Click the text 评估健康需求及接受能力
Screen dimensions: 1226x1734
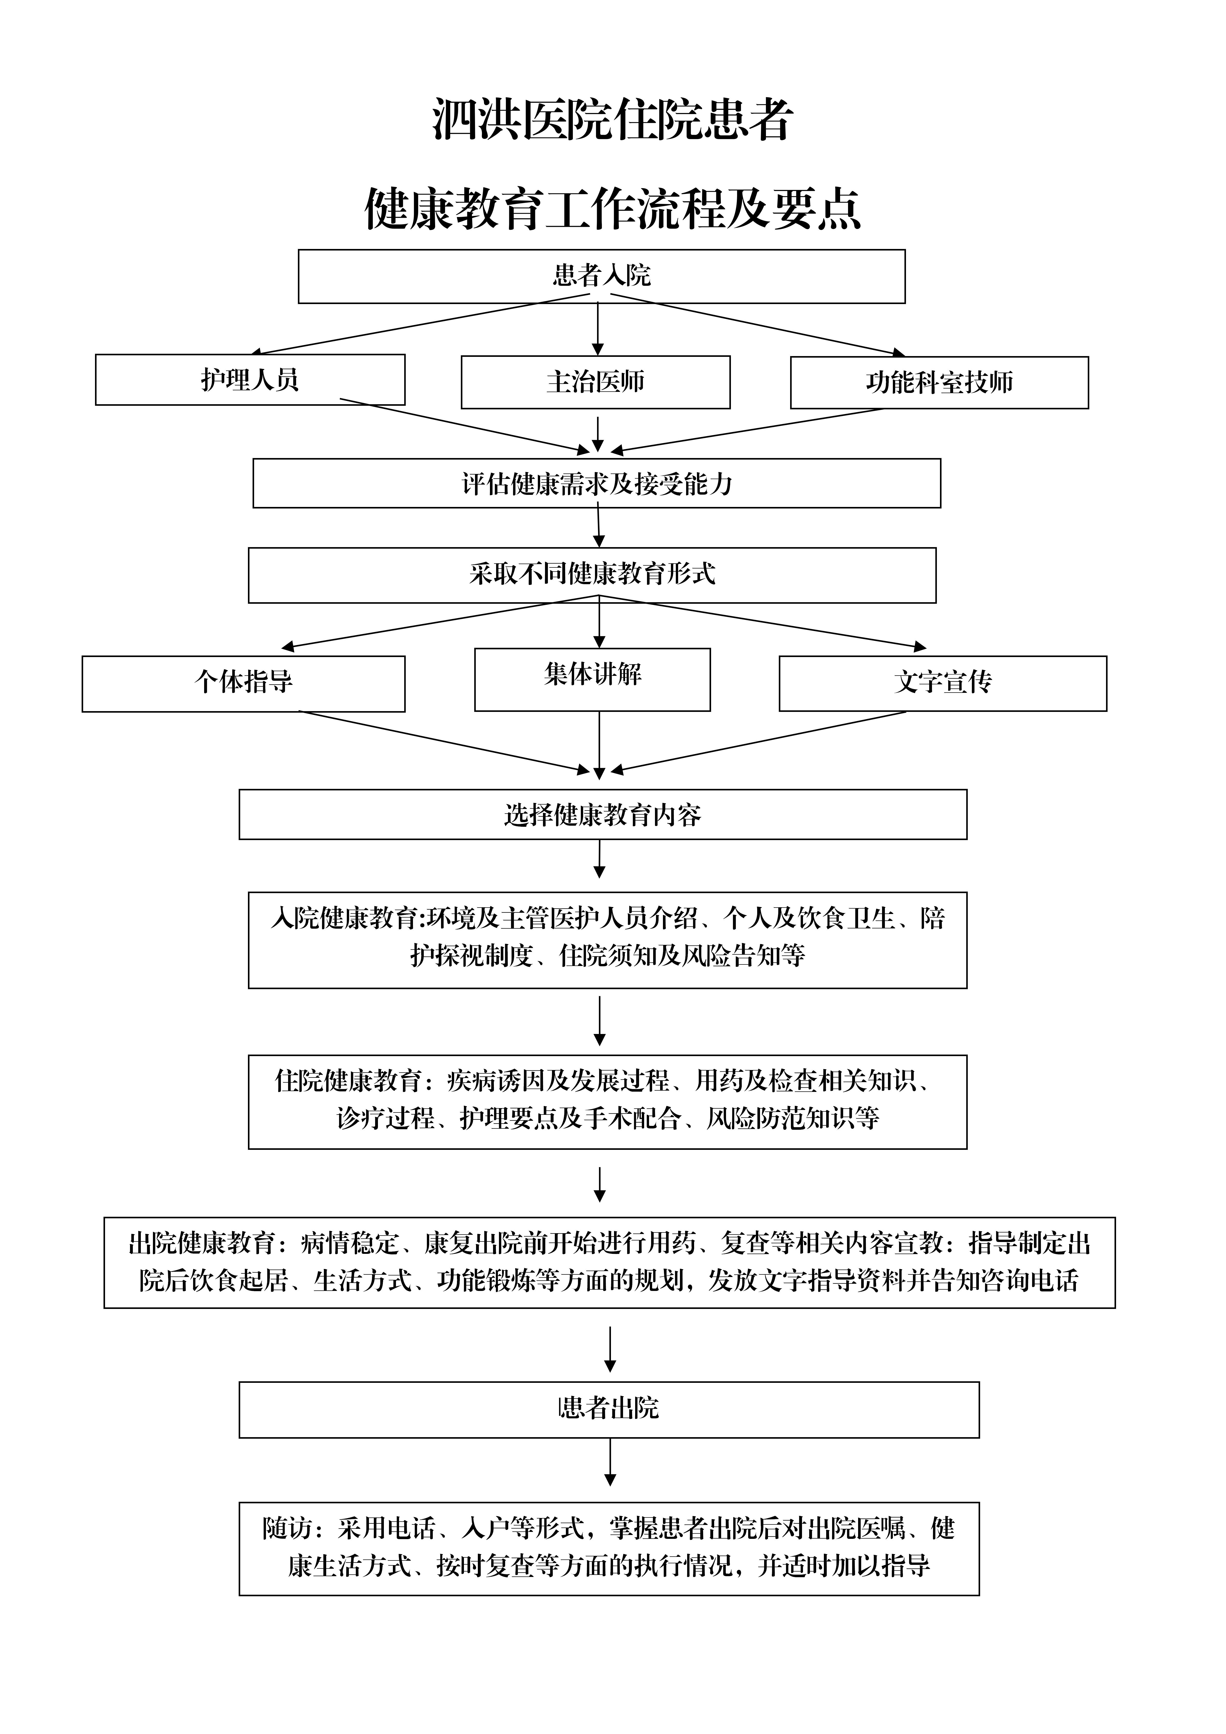597,483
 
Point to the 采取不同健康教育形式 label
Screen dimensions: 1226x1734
592,574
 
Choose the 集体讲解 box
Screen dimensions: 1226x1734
592,680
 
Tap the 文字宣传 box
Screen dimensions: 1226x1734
943,684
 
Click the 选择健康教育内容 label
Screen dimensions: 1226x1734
603,815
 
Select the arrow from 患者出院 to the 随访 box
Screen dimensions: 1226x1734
610,1463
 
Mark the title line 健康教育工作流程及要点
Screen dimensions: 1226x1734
613,209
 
